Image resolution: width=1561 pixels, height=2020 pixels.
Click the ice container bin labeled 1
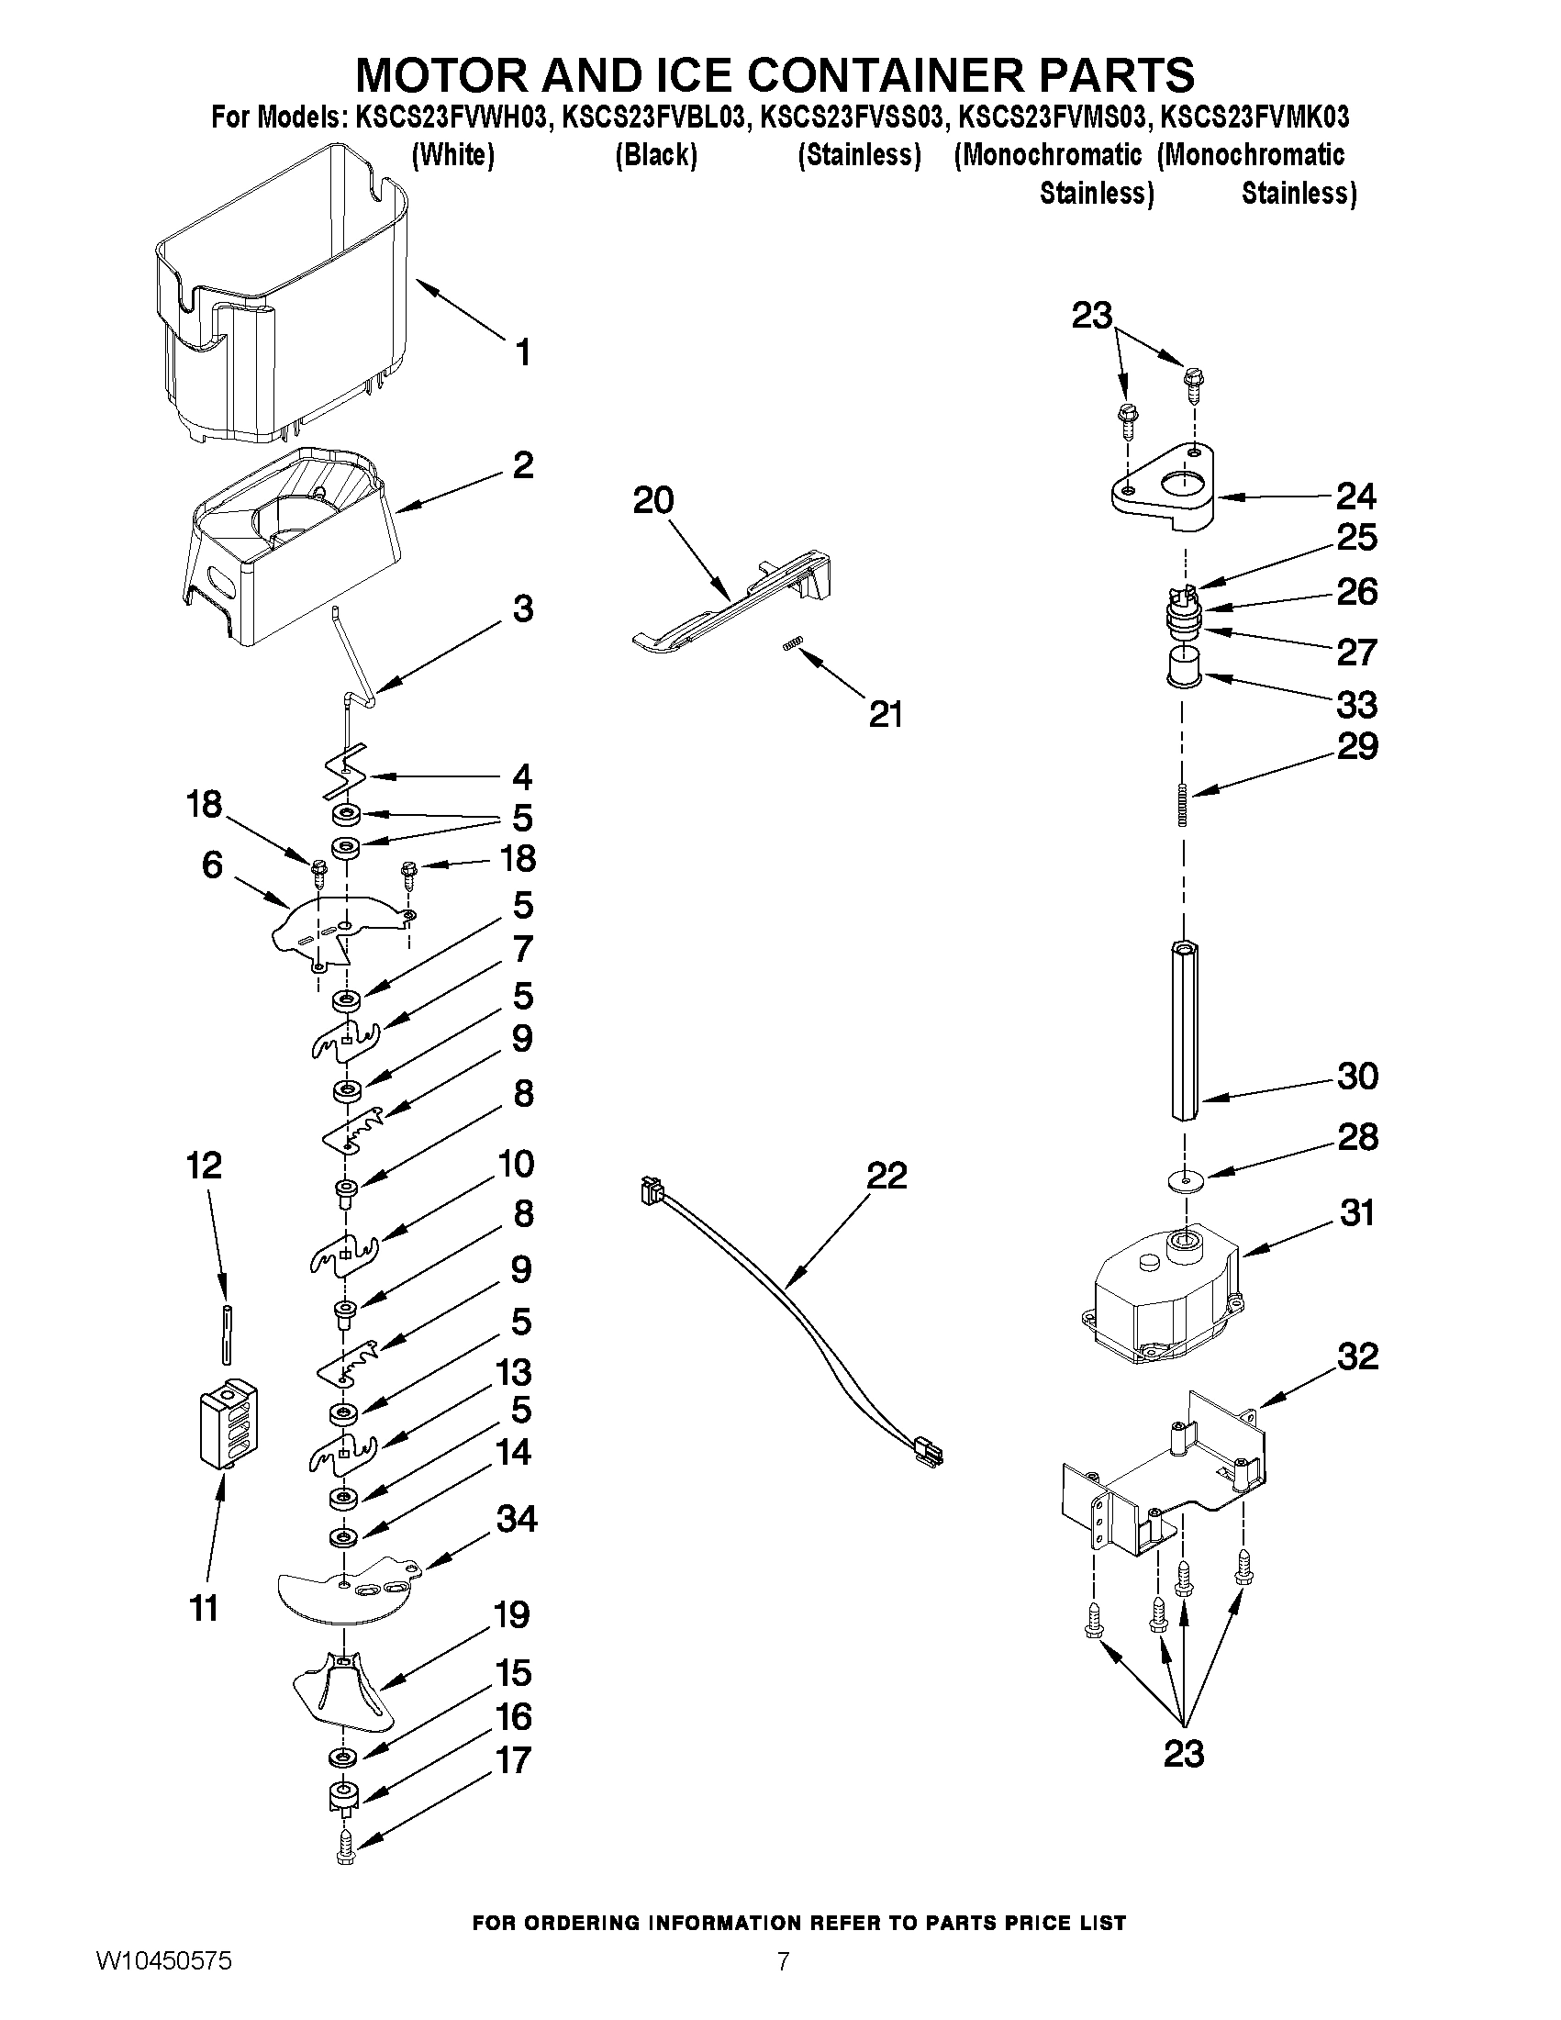click(277, 306)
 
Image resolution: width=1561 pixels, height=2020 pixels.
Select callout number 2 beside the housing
click(522, 465)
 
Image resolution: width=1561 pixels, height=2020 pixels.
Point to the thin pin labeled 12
click(225, 1332)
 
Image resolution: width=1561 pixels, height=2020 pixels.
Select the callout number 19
click(511, 1615)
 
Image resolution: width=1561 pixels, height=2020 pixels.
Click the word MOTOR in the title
click(442, 74)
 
